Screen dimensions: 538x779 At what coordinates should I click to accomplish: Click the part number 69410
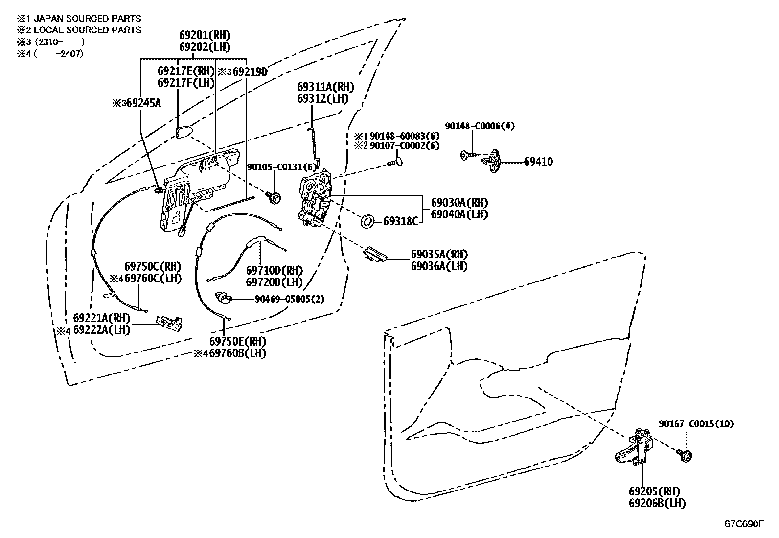tap(538, 162)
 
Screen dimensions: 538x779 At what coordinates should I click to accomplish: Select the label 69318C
tap(400, 221)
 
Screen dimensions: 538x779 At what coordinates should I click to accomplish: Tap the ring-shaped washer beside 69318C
tap(367, 221)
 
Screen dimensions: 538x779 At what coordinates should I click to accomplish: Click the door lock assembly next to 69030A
tap(315, 200)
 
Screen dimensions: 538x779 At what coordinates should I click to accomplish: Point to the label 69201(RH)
tap(204, 35)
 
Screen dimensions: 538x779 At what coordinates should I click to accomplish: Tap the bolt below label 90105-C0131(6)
tap(275, 197)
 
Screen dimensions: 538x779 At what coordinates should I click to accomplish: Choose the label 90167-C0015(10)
tap(696, 424)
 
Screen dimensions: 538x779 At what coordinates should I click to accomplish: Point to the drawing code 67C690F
tap(744, 524)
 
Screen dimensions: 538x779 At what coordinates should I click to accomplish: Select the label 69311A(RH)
tap(325, 87)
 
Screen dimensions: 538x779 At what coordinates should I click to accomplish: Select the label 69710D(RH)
tap(274, 271)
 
